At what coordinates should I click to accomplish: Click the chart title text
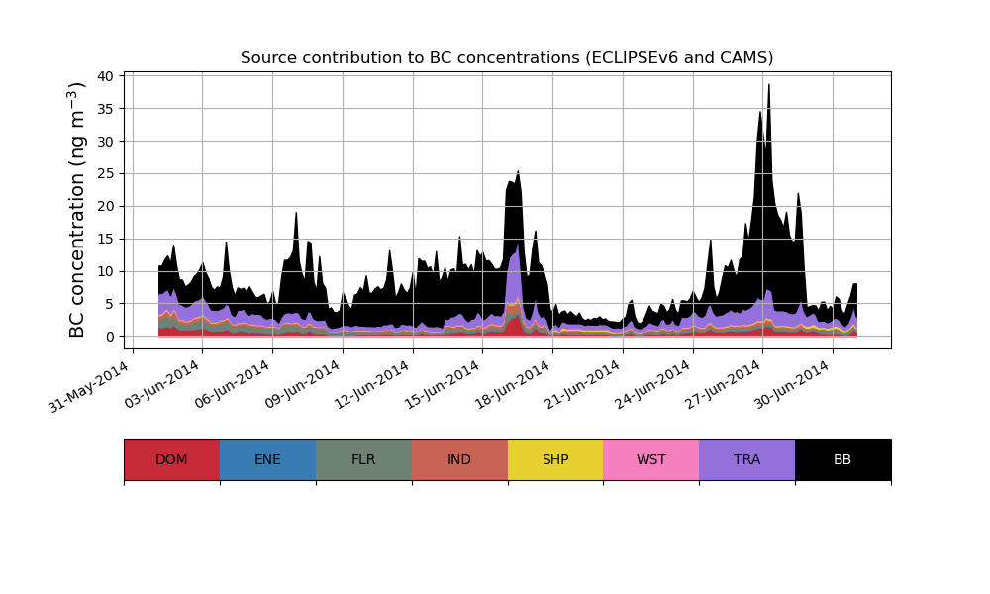coord(507,58)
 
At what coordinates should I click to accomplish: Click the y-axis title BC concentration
coord(78,210)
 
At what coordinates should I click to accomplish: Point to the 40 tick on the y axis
coord(111,76)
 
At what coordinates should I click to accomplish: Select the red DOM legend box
coord(171,459)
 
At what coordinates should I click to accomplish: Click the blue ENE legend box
coord(267,459)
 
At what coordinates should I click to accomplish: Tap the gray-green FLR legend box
coord(363,459)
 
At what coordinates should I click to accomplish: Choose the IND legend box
coord(459,459)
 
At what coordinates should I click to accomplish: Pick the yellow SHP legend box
coord(555,459)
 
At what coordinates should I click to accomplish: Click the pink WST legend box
coord(650,459)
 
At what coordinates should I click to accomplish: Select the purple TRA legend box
coord(746,459)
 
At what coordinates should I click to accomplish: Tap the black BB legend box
coord(842,459)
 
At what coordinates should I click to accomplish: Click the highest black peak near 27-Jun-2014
coord(768,86)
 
